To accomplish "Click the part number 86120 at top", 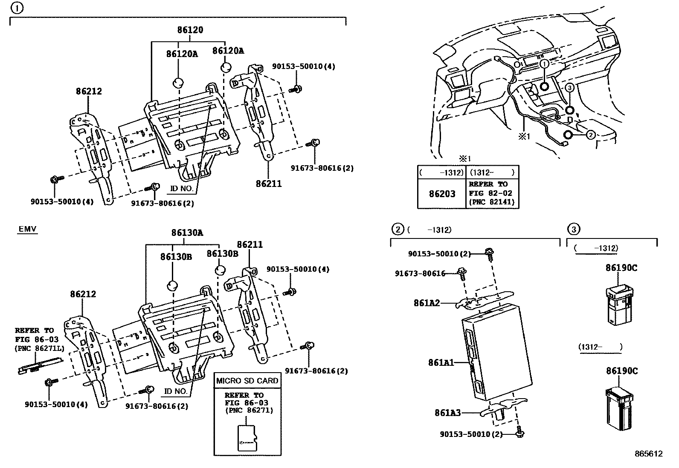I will [x=190, y=30].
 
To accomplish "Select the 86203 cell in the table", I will [x=442, y=194].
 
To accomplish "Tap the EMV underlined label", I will [x=28, y=230].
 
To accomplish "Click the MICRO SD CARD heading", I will [x=247, y=381].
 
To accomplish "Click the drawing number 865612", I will [x=648, y=454].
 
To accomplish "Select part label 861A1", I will [x=441, y=363].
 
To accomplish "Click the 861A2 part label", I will [x=426, y=303].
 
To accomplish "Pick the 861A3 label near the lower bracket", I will [x=447, y=413].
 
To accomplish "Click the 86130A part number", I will [x=187, y=233].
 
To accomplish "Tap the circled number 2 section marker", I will [x=397, y=230].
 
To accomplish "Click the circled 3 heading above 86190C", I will [x=573, y=230].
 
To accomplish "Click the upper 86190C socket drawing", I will [x=619, y=305].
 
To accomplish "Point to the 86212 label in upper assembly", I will [x=89, y=91].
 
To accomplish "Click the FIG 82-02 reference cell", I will [x=491, y=193].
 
